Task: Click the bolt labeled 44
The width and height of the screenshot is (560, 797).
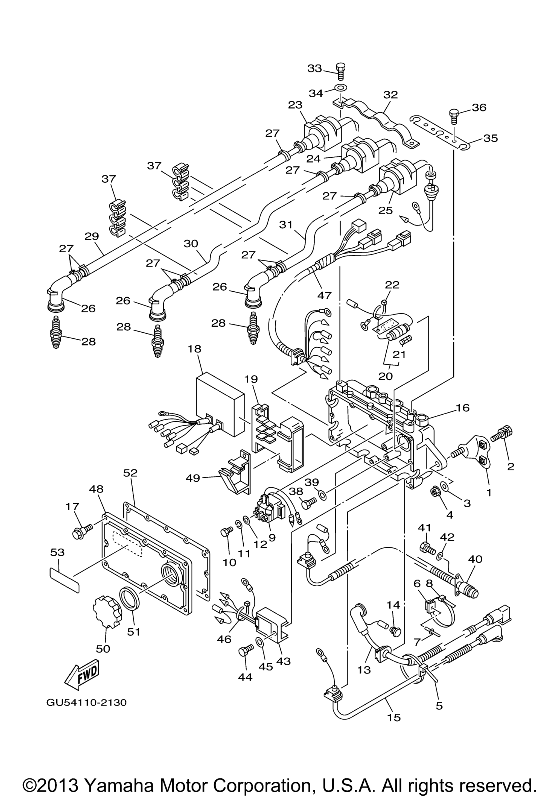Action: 246,651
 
